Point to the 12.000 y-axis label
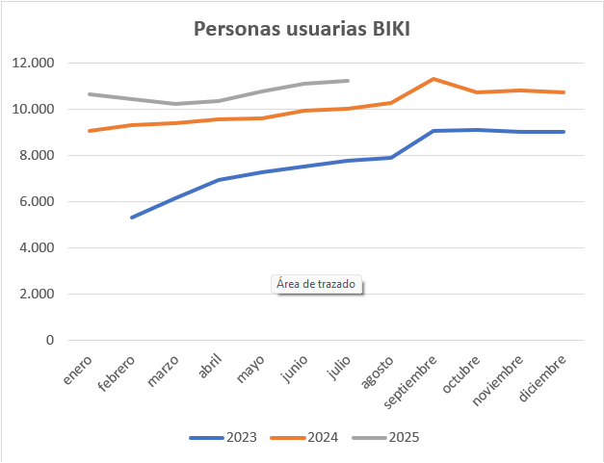(x=33, y=64)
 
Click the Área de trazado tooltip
(x=316, y=285)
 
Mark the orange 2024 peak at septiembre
(x=434, y=79)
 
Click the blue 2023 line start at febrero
(x=132, y=218)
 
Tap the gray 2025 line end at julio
(x=347, y=81)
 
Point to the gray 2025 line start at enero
(x=89, y=94)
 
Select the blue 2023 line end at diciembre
(x=564, y=132)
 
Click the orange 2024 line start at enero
(x=89, y=131)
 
